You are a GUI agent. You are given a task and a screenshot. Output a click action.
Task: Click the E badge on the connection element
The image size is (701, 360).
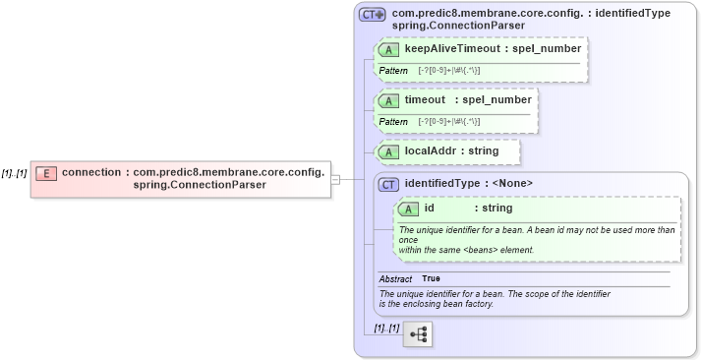click(45, 173)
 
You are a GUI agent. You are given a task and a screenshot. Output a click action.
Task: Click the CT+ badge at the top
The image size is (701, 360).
click(373, 15)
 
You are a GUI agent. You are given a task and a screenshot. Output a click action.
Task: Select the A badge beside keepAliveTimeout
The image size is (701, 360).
click(388, 48)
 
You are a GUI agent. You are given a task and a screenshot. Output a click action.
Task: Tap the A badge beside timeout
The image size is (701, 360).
click(388, 100)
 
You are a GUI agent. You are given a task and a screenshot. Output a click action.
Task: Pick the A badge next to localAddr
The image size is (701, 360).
click(388, 151)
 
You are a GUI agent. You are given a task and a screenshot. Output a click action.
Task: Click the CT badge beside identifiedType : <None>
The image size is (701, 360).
click(388, 183)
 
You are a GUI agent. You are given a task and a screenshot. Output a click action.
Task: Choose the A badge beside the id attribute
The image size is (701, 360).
click(408, 209)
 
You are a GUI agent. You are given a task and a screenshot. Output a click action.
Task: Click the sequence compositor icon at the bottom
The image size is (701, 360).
click(417, 334)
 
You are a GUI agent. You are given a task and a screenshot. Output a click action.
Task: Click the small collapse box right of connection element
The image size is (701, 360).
click(335, 179)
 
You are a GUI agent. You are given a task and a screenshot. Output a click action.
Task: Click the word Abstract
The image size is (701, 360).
click(395, 279)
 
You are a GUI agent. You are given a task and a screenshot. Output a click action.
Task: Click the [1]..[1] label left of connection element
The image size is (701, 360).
click(14, 172)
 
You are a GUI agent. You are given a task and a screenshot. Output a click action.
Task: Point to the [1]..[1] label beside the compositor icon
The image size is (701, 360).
click(386, 327)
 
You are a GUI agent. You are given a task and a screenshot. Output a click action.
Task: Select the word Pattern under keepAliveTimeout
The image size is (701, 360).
click(393, 72)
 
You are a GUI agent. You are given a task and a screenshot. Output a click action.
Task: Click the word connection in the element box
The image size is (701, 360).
click(91, 172)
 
